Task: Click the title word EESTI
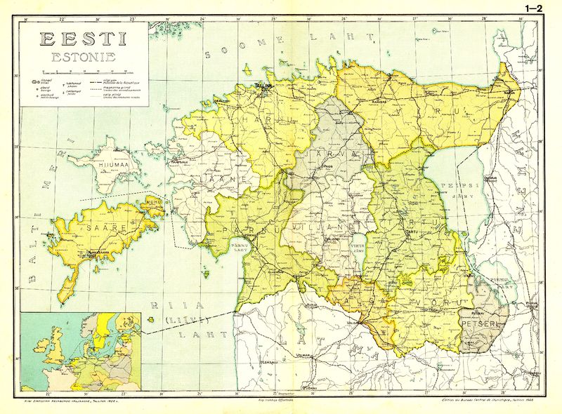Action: click(82, 40)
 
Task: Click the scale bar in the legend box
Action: click(84, 72)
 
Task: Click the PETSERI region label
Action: click(479, 324)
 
